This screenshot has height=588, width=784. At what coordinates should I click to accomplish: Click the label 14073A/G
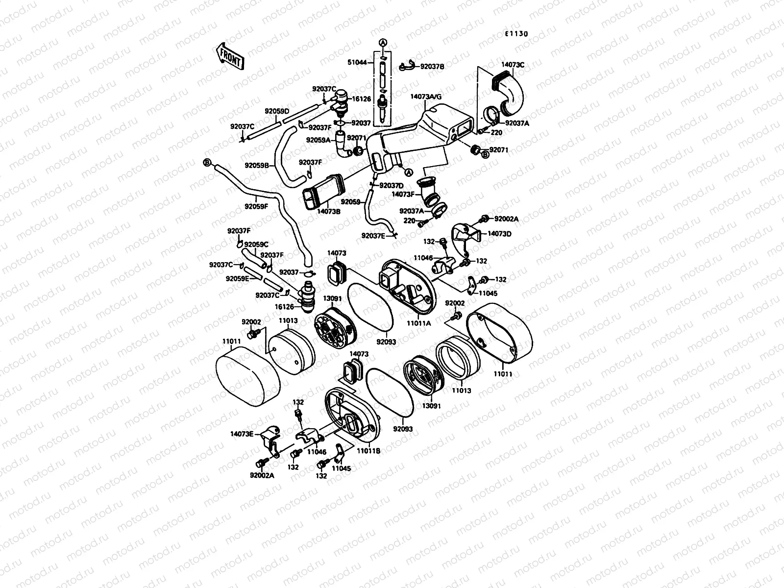[426, 97]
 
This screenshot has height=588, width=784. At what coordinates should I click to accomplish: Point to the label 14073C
[513, 64]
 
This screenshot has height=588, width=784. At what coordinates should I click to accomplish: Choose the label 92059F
[257, 206]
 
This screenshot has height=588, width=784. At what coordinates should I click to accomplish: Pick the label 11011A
[419, 323]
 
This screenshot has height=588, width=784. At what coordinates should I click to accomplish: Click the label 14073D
[499, 234]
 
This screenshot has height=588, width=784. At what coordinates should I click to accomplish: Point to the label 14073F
[403, 194]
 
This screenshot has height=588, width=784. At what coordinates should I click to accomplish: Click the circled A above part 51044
[382, 43]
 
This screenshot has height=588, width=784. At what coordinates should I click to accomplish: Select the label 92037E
[374, 235]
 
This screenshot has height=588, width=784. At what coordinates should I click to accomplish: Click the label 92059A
[319, 140]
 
